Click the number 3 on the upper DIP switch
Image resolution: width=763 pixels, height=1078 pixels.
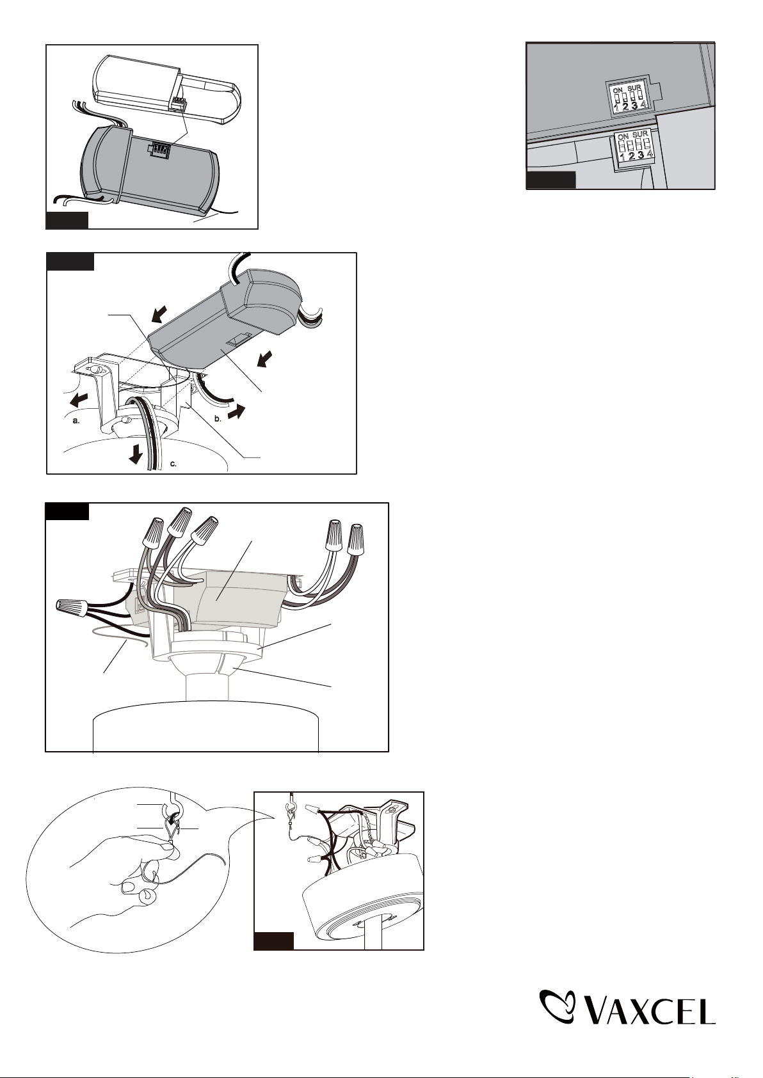click(634, 106)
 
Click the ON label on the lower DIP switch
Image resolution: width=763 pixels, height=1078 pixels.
click(623, 136)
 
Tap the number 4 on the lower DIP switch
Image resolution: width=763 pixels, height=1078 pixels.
click(650, 155)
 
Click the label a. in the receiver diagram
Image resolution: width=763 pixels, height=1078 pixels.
click(75, 420)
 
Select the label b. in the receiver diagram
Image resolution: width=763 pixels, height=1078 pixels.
click(218, 419)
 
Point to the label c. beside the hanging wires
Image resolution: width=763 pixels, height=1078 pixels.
click(173, 464)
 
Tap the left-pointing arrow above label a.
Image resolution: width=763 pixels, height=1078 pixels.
click(79, 399)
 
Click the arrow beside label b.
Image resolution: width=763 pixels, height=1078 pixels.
click(236, 412)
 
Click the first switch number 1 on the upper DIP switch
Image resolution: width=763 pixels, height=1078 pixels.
click(616, 106)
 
